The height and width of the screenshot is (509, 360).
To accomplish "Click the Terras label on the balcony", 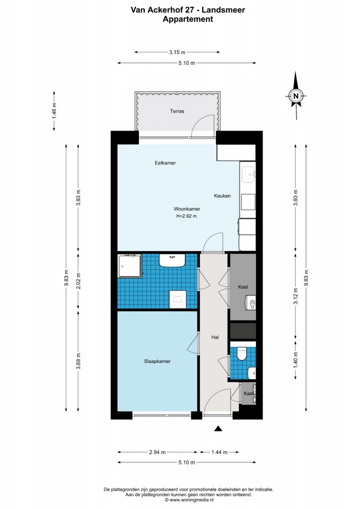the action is [177, 111].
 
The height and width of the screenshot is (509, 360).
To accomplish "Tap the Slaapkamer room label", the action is [157, 361].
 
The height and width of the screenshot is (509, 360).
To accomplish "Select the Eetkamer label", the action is [165, 163].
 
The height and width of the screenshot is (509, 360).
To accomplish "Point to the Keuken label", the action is [222, 196].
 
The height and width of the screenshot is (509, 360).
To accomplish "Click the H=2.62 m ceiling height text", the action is [186, 216].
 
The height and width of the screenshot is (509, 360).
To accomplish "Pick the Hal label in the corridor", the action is [215, 338].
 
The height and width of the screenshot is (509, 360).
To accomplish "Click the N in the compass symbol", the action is [296, 96].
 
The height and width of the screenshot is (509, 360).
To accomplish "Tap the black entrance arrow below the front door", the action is [218, 429].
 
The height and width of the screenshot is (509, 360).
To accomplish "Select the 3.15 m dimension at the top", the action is [177, 52].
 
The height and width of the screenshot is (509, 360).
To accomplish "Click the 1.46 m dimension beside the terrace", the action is [54, 111].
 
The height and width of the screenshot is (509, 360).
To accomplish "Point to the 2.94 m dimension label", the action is [157, 452].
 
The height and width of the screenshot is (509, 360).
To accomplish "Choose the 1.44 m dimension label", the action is [219, 452].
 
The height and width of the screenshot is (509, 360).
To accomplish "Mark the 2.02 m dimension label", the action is [78, 281].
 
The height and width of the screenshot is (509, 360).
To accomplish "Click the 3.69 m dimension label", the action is [78, 361].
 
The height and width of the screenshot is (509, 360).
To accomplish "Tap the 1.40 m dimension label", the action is [295, 360].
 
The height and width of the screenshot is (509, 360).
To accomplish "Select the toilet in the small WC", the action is [241, 354].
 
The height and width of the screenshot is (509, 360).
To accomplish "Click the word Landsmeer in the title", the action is [223, 10].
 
